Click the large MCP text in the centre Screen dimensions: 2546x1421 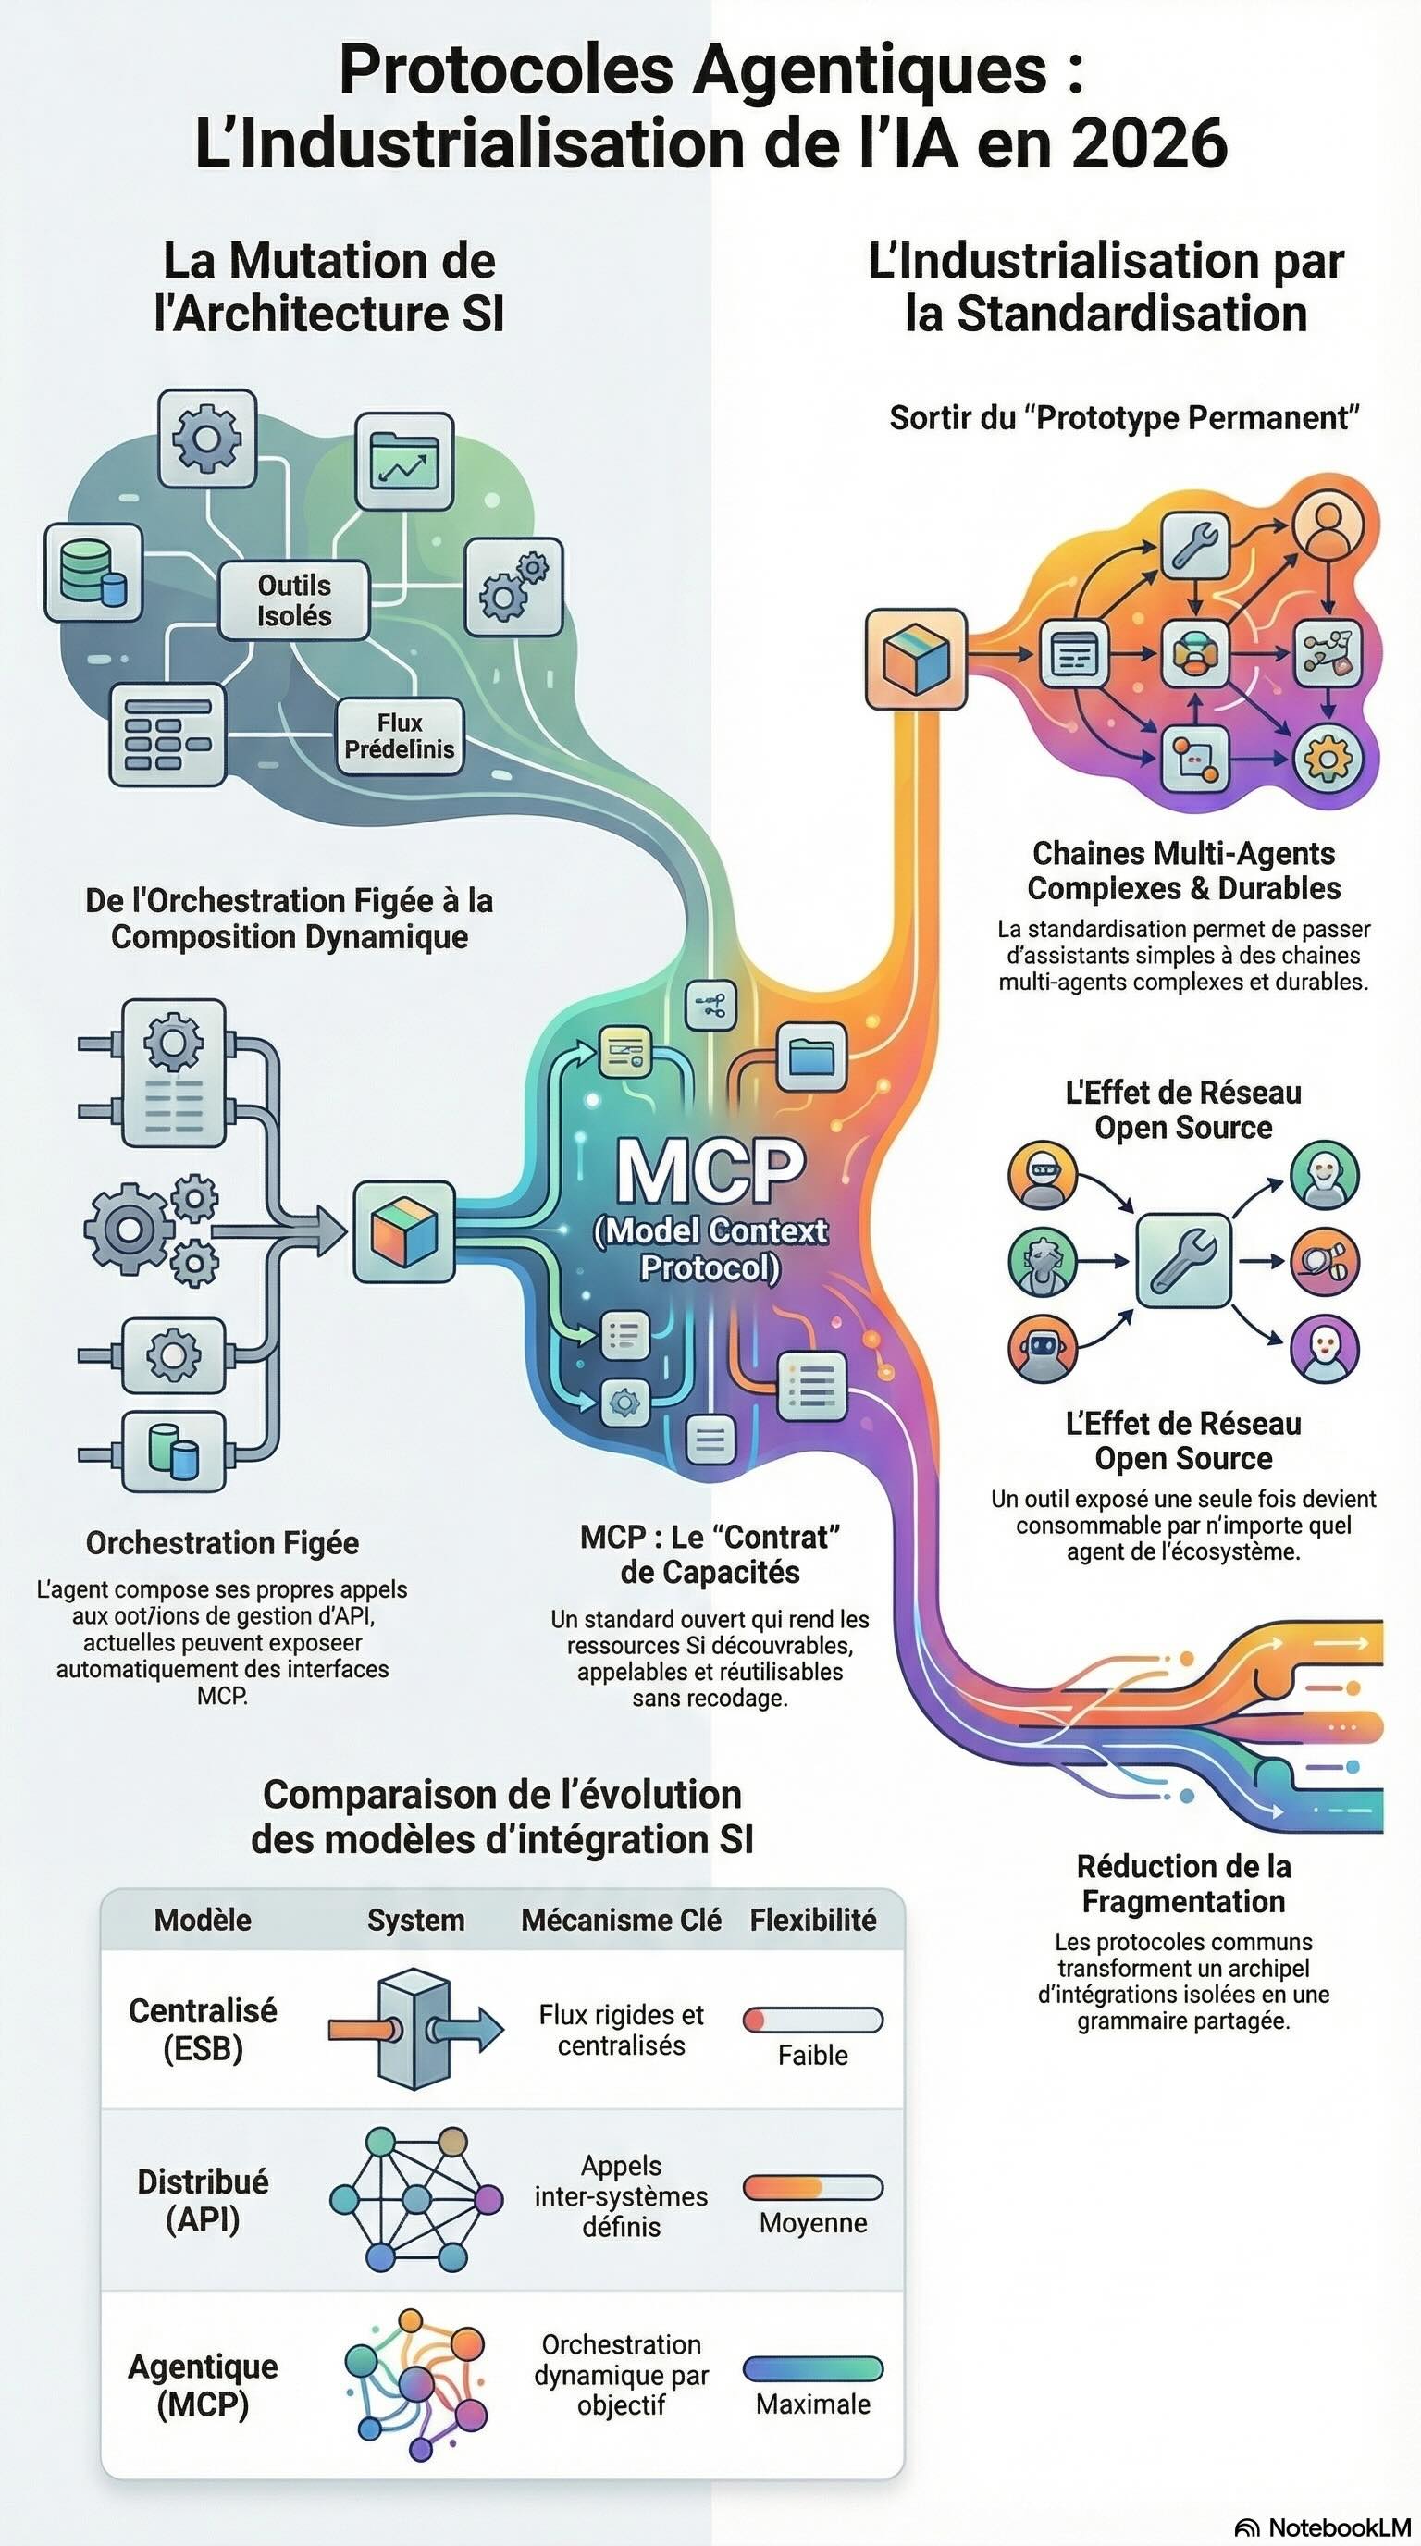point(710,1170)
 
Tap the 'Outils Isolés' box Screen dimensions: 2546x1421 point(293,599)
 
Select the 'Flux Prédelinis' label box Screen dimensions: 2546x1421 point(400,736)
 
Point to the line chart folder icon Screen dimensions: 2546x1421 point(403,462)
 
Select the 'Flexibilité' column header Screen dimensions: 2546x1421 point(812,1920)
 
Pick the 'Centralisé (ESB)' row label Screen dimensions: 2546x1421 point(203,2029)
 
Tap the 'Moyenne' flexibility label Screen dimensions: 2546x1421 point(812,2223)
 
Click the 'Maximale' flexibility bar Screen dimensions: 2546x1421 point(812,2368)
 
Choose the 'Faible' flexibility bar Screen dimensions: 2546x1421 point(812,2020)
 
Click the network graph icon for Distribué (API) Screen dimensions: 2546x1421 point(415,2201)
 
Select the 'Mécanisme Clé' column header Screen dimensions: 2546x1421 point(621,1920)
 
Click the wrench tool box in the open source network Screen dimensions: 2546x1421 point(1183,1260)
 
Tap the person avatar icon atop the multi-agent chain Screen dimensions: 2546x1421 point(1328,522)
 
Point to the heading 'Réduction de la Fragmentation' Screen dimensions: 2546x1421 point(1183,1884)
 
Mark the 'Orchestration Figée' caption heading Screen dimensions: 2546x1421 point(222,1543)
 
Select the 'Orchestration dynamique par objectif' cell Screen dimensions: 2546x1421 point(621,2374)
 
